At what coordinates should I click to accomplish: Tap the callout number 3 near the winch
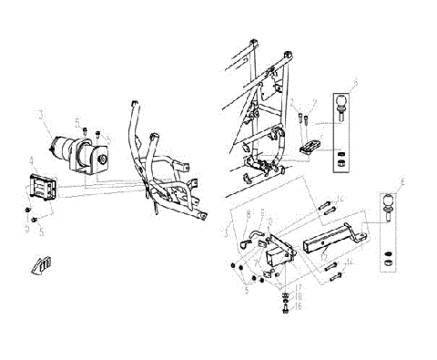[39, 115]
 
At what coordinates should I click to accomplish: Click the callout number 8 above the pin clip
[247, 212]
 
